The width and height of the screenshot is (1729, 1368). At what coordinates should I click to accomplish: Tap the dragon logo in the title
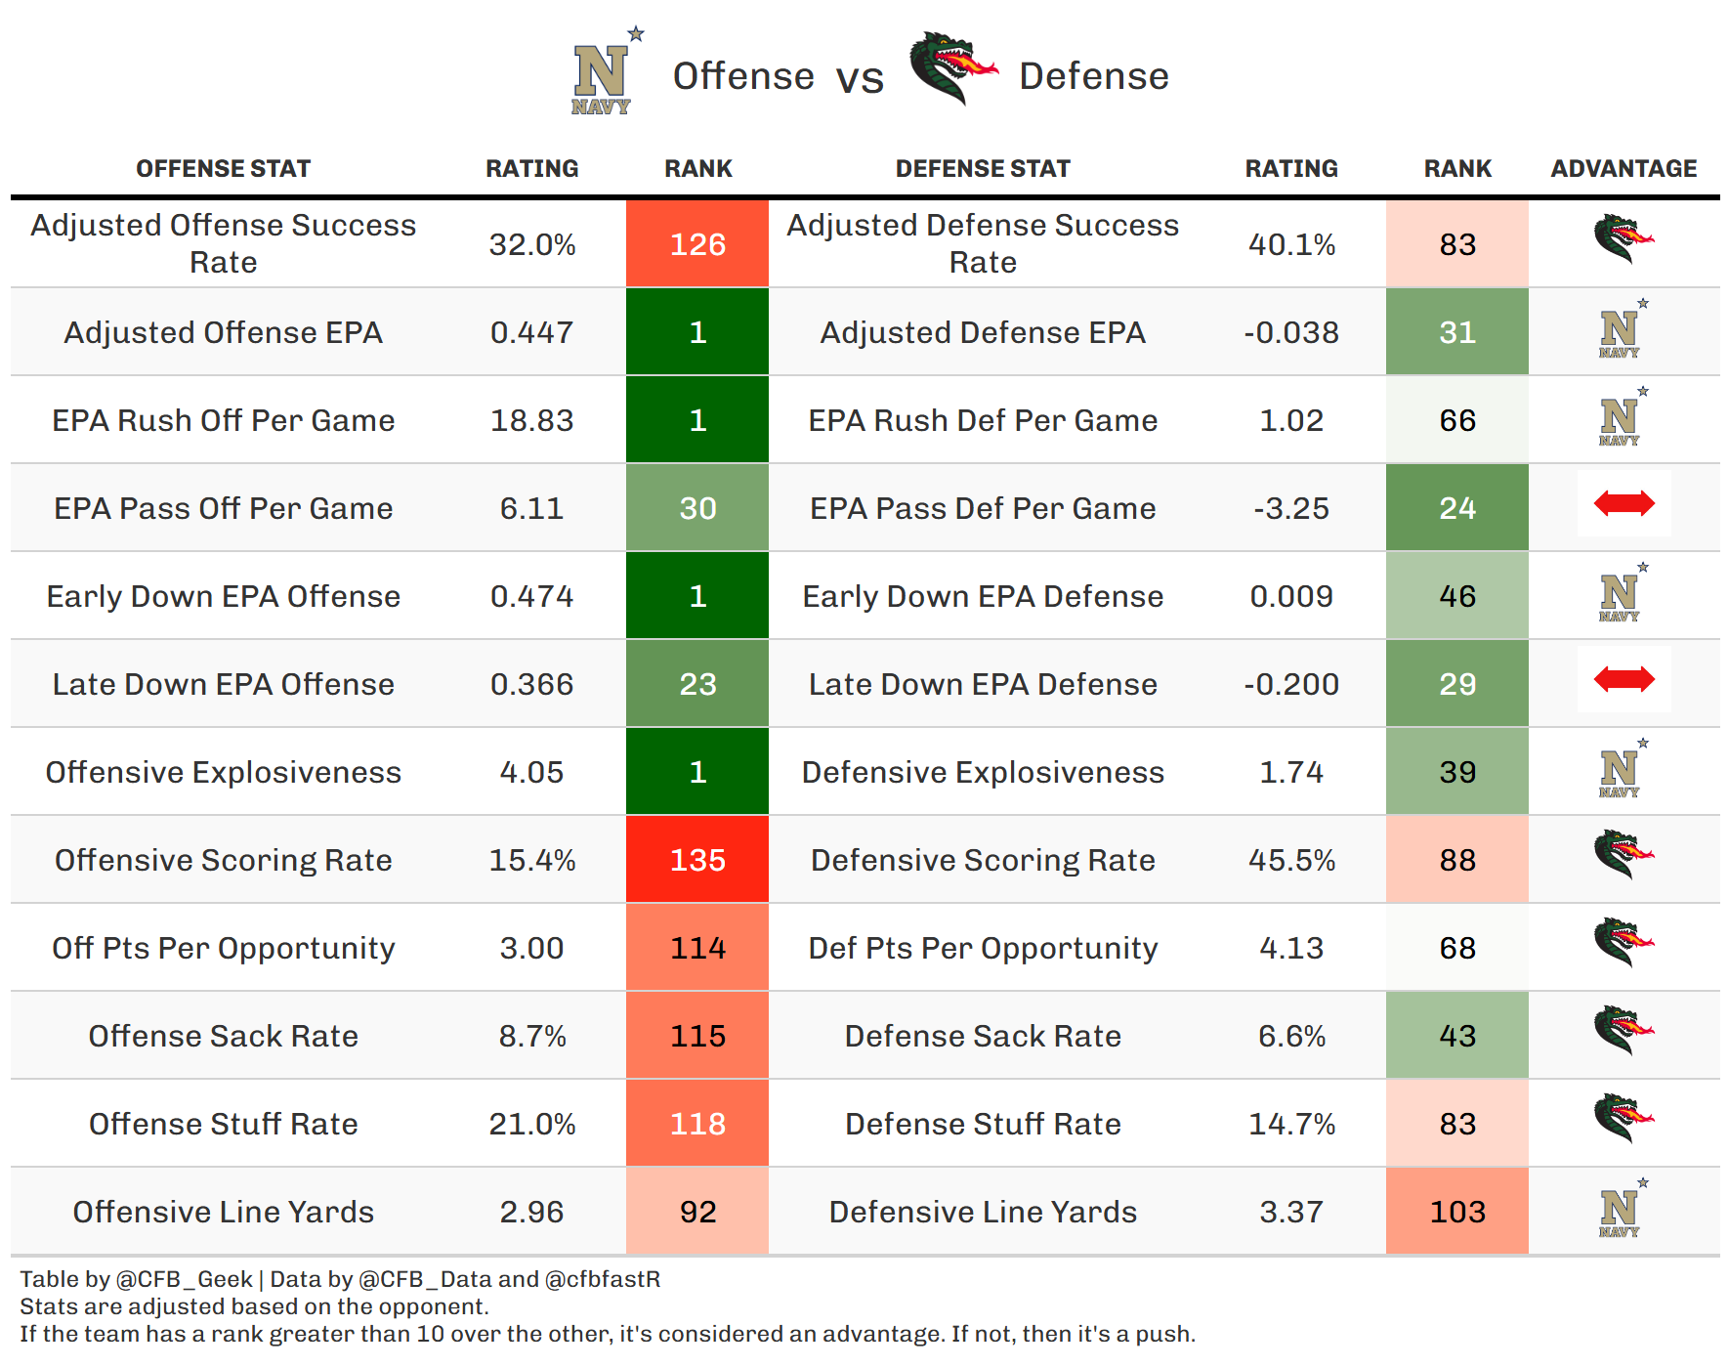point(953,67)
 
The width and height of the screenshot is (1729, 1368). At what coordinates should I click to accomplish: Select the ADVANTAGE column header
point(1624,169)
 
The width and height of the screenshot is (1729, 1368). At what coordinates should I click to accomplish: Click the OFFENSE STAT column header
point(223,169)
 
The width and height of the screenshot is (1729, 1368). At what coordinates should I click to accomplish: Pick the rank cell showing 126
point(697,244)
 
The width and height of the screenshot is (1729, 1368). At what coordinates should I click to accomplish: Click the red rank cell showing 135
point(697,860)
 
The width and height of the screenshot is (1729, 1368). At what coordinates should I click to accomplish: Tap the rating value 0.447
point(531,332)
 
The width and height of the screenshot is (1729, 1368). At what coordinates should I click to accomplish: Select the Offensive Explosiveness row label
point(223,772)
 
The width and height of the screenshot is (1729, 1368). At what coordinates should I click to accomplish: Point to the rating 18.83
point(531,420)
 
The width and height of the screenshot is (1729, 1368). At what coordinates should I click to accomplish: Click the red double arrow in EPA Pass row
point(1624,503)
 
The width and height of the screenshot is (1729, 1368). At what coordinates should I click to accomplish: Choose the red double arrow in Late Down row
point(1624,679)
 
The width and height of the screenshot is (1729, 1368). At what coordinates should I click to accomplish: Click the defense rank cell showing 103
point(1457,1212)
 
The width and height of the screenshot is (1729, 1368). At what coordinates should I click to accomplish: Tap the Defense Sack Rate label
point(983,1036)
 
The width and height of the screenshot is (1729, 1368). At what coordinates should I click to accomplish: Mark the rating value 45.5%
point(1291,860)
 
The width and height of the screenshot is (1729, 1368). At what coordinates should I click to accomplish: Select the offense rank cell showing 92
point(697,1212)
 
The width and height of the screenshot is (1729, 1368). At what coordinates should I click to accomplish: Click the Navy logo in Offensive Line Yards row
point(1622,1208)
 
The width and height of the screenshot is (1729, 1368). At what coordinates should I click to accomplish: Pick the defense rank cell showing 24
point(1457,508)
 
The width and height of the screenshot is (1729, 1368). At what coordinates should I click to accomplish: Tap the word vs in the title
point(860,78)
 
